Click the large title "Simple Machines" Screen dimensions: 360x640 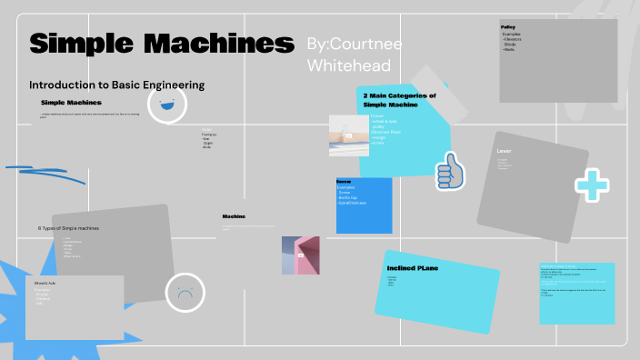pos(162,43)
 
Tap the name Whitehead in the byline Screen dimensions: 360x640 pos(349,65)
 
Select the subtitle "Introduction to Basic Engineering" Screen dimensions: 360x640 pos(116,85)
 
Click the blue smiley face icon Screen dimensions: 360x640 pos(166,105)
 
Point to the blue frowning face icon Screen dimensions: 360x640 pos(185,293)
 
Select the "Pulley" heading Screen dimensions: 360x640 pos(509,27)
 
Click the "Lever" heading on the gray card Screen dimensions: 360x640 pos(505,150)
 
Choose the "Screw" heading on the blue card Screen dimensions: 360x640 pos(344,181)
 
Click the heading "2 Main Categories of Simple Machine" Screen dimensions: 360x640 pos(399,100)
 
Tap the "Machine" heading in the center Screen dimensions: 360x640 pos(235,216)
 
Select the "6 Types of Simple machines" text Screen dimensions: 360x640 pos(68,227)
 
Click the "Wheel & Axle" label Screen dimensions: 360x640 pos(45,284)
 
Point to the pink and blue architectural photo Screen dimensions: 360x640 pos(300,255)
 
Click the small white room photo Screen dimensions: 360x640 pos(348,135)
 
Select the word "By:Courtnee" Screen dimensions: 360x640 pos(354,44)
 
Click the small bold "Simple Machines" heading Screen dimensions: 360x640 pos(71,103)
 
